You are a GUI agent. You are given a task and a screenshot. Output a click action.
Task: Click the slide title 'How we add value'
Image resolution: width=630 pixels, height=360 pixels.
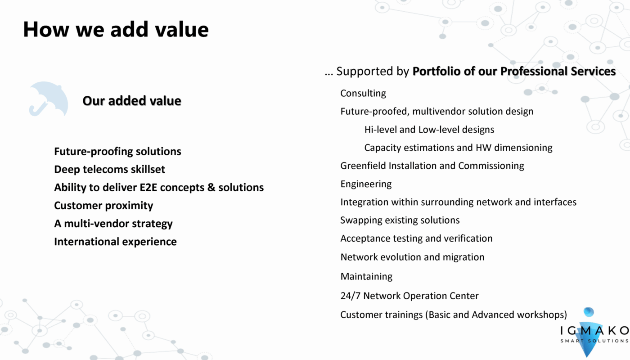click(x=116, y=29)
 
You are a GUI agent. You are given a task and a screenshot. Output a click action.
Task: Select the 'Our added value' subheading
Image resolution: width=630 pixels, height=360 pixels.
click(x=132, y=101)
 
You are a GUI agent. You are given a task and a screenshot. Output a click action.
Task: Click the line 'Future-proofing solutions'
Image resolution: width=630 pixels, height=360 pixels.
click(x=117, y=152)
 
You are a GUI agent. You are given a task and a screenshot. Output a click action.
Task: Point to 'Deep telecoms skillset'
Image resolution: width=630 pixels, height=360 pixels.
click(x=110, y=169)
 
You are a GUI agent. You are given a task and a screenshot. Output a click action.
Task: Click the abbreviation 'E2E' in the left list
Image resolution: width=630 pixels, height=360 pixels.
click(x=148, y=187)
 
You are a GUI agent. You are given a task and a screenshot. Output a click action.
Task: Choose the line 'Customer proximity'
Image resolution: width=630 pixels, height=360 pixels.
click(x=103, y=206)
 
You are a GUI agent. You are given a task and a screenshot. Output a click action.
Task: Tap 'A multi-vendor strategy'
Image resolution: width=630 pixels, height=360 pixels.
click(x=113, y=224)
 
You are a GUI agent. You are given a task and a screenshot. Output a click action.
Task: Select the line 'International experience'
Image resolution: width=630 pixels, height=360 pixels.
click(x=115, y=242)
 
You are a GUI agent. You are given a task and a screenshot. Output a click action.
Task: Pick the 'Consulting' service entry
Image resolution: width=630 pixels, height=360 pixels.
click(x=363, y=93)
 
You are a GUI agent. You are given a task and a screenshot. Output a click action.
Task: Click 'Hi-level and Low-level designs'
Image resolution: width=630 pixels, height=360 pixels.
click(x=429, y=130)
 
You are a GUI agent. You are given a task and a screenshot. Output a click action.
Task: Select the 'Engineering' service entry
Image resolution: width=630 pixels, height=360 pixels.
click(x=366, y=184)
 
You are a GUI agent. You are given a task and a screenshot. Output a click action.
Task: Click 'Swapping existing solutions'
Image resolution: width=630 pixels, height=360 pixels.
click(x=400, y=220)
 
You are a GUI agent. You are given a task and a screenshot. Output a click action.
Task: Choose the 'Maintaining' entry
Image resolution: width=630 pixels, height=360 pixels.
click(x=366, y=276)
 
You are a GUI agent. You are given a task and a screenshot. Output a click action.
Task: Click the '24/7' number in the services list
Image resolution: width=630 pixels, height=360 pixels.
click(x=350, y=296)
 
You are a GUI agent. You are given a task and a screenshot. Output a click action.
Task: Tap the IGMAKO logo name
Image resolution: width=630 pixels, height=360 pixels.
click(x=594, y=331)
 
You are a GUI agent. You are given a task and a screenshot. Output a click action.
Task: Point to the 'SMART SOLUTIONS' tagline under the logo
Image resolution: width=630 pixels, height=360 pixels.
click(x=594, y=341)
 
